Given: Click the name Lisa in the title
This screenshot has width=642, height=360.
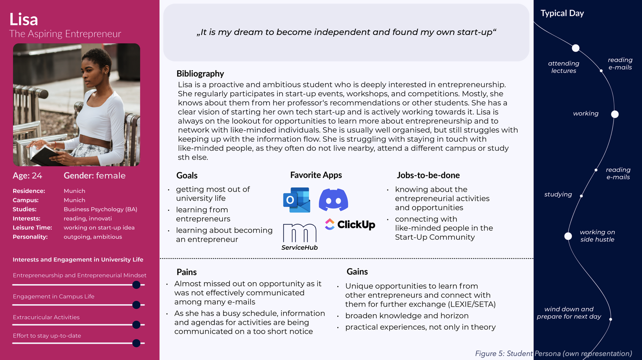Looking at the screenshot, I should click(x=24, y=19).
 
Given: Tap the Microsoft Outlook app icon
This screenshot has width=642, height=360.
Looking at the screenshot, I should click(x=297, y=200).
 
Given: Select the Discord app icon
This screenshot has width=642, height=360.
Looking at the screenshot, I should click(x=333, y=200).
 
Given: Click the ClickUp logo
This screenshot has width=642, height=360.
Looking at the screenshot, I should click(x=350, y=224).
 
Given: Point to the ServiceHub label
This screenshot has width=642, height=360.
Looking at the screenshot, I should click(x=299, y=248).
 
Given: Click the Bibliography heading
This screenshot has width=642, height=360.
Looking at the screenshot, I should click(x=200, y=74).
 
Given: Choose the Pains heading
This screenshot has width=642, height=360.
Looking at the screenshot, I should click(x=186, y=272).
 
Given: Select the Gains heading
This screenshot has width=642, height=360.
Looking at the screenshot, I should click(x=357, y=272).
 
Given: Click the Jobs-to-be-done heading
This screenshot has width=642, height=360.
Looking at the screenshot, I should click(x=428, y=175).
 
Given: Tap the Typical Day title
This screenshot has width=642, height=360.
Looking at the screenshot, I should click(x=562, y=13).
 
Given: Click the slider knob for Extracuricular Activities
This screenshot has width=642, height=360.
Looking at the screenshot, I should click(x=136, y=325).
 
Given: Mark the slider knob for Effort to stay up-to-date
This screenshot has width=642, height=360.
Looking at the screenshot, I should click(x=136, y=343).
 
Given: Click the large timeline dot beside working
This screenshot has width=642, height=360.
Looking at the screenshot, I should click(x=615, y=114).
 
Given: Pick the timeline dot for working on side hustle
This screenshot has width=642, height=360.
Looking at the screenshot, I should click(x=568, y=236).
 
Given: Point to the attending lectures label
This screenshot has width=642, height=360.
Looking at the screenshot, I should click(x=563, y=67).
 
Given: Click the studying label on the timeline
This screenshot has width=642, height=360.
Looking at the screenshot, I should click(x=558, y=194).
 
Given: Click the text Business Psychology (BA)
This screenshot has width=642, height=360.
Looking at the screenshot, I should click(x=100, y=209).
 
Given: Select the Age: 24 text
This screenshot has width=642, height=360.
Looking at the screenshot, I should click(x=27, y=176).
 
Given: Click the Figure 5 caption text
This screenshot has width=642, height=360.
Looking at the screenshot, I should click(x=553, y=354).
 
